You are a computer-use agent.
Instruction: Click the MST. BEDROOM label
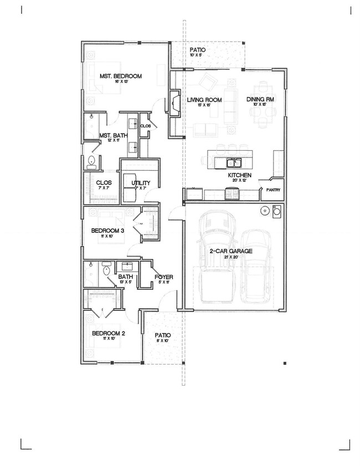(120, 76)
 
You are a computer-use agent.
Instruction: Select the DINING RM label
(260, 100)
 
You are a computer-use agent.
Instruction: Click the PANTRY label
(272, 190)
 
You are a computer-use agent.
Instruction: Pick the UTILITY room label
(140, 183)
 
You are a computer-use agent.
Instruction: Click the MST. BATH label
(112, 135)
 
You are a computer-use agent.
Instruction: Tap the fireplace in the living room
(174, 103)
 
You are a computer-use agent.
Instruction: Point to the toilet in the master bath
(91, 162)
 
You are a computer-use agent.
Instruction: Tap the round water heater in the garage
(265, 211)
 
